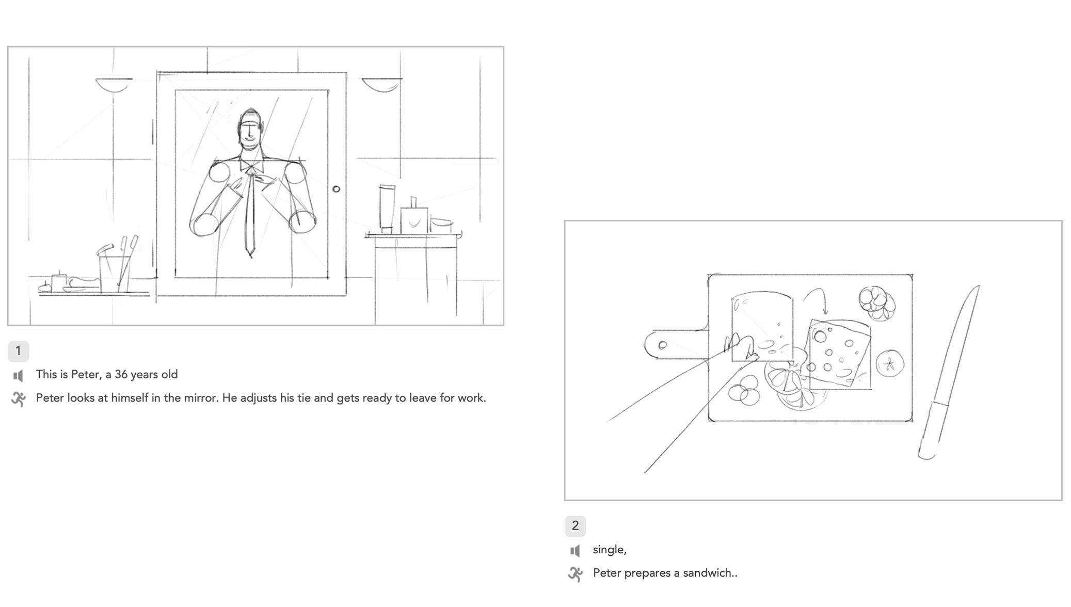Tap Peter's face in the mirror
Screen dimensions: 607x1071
click(250, 132)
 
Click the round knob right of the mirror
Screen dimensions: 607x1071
click(336, 189)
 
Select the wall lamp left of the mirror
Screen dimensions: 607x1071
click(114, 84)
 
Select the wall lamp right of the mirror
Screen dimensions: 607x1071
click(381, 84)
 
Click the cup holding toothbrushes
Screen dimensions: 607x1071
click(114, 274)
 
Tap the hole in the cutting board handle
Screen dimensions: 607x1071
click(663, 345)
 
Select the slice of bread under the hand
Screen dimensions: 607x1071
click(763, 325)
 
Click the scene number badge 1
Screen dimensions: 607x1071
click(18, 351)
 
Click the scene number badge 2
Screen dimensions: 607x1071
click(575, 526)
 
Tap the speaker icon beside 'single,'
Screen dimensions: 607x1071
click(575, 551)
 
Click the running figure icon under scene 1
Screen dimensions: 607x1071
click(19, 399)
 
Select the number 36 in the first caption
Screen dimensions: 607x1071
click(121, 375)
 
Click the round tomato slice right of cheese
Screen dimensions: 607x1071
click(890, 363)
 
